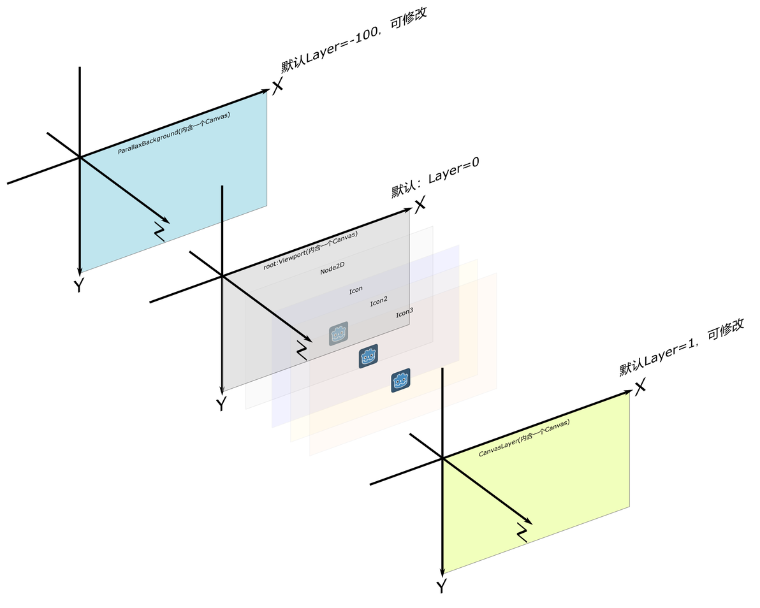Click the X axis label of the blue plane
coord(277,87)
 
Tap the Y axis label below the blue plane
coord(78,286)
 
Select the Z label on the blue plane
coord(160,231)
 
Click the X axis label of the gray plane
coord(419,205)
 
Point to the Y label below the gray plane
coord(221,404)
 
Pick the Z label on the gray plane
coord(302,349)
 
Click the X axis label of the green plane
coord(640,386)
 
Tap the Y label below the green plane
coord(441,586)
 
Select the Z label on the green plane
coord(522,532)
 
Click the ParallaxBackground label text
coord(173,133)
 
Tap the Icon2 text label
coord(379,301)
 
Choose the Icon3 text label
coord(404,313)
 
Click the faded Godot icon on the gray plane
coord(339,333)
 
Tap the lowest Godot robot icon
coord(400,380)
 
